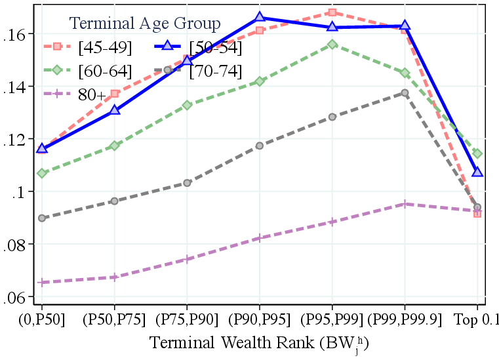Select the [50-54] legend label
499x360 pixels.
click(x=215, y=47)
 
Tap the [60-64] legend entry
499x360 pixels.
click(x=105, y=71)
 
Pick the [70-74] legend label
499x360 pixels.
click(x=215, y=71)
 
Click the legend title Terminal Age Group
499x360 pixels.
click(x=146, y=24)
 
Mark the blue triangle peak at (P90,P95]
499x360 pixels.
click(x=260, y=17)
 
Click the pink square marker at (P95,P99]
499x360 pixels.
click(x=332, y=12)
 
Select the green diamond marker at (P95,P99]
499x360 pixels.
click(x=332, y=45)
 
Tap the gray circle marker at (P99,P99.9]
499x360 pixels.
click(x=405, y=93)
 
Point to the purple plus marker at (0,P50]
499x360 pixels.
click(x=43, y=282)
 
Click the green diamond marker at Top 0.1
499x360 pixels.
click(x=477, y=153)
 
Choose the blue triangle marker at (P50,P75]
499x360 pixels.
click(x=115, y=110)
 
